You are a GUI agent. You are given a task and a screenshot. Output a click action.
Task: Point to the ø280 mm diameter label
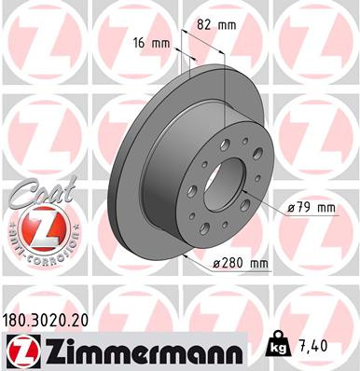(241, 265)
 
